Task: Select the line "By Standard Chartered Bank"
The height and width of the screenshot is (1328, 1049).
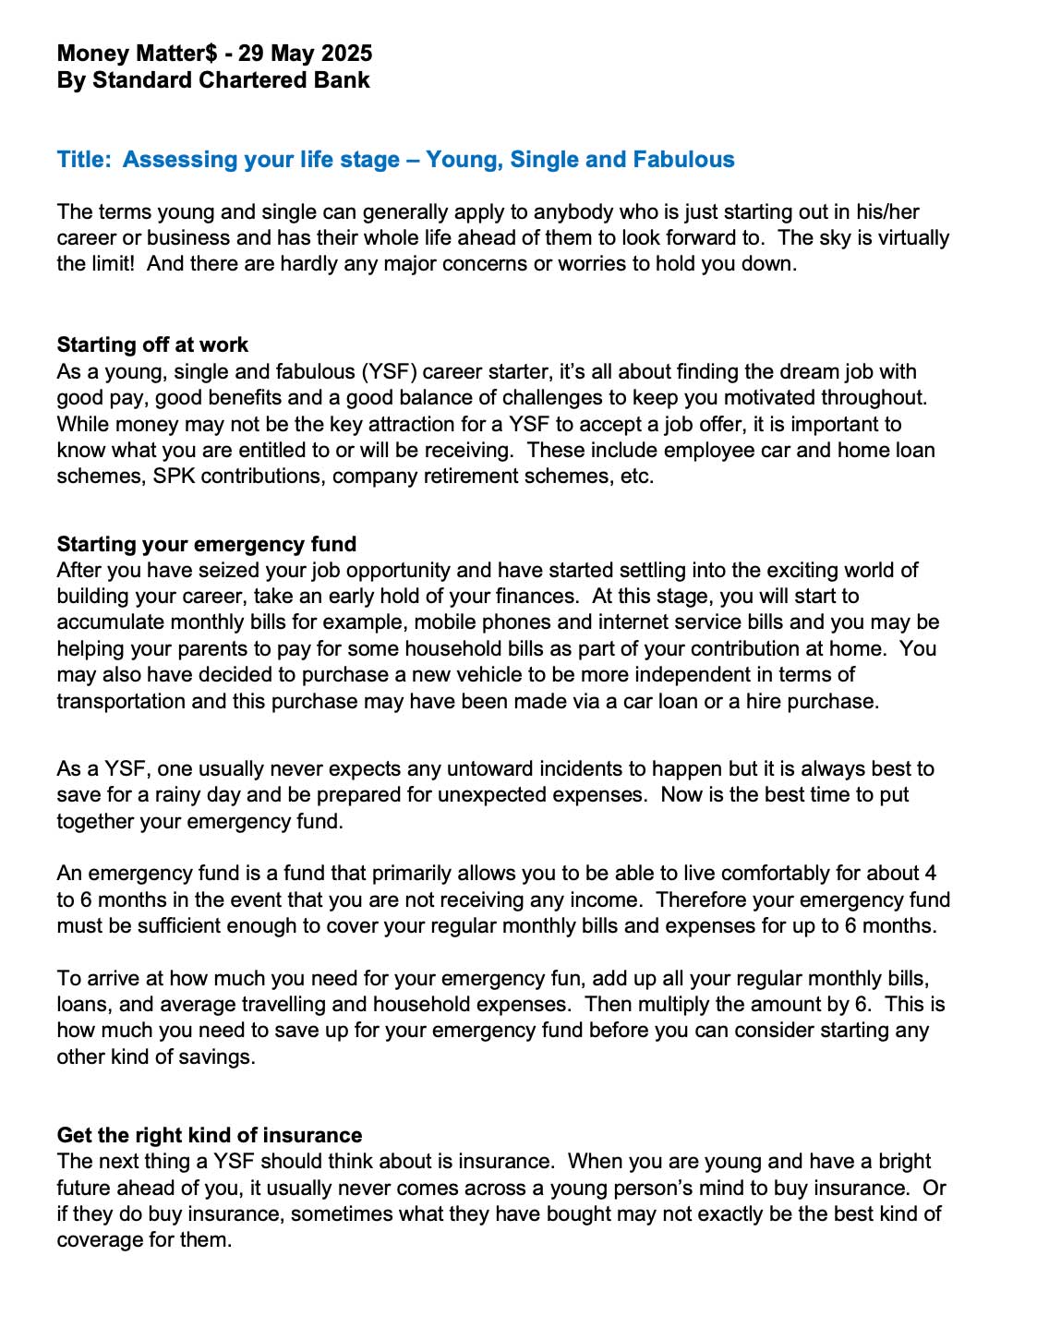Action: coord(213,80)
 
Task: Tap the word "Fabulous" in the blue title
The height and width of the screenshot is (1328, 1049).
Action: coord(683,160)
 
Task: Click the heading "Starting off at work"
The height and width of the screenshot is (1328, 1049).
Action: coord(152,345)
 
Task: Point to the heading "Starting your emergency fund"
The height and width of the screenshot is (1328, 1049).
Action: coord(207,544)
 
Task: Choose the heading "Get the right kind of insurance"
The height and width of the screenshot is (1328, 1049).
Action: coord(210,1135)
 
